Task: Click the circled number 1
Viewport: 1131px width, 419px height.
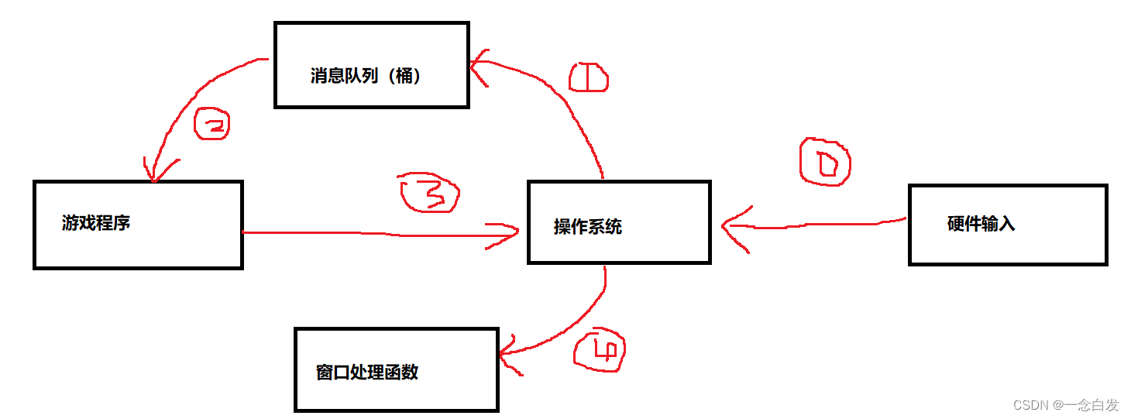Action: coord(588,78)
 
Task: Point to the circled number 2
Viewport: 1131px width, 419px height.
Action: coord(211,125)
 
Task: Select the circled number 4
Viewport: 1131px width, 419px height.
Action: coord(599,352)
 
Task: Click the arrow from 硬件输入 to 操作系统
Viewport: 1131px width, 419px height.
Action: coord(813,225)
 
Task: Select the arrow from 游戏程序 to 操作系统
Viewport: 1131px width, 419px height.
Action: coord(380,234)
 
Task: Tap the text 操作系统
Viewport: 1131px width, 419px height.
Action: coord(588,227)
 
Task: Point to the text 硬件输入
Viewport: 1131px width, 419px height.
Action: coord(981,225)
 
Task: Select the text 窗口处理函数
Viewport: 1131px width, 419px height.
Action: coord(367,373)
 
